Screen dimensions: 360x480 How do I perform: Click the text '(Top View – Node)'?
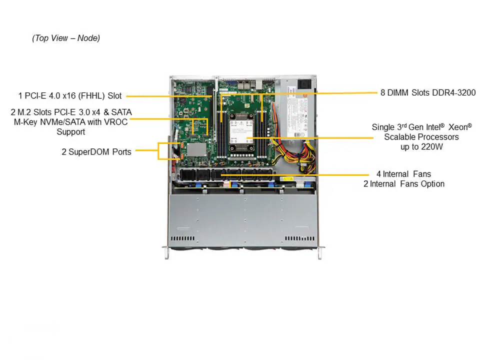pyautogui.click(x=66, y=38)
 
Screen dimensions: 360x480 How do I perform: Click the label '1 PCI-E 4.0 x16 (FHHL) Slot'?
pyautogui.click(x=69, y=95)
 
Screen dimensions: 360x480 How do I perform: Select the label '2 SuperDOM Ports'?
pyautogui.click(x=96, y=151)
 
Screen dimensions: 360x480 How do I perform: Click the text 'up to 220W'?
pyautogui.click(x=421, y=147)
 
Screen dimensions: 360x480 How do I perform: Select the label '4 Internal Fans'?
pyautogui.click(x=403, y=174)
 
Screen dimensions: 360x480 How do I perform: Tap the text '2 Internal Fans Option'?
pyautogui.click(x=403, y=184)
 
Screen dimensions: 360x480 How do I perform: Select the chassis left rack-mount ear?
pyautogui.click(x=165, y=252)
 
